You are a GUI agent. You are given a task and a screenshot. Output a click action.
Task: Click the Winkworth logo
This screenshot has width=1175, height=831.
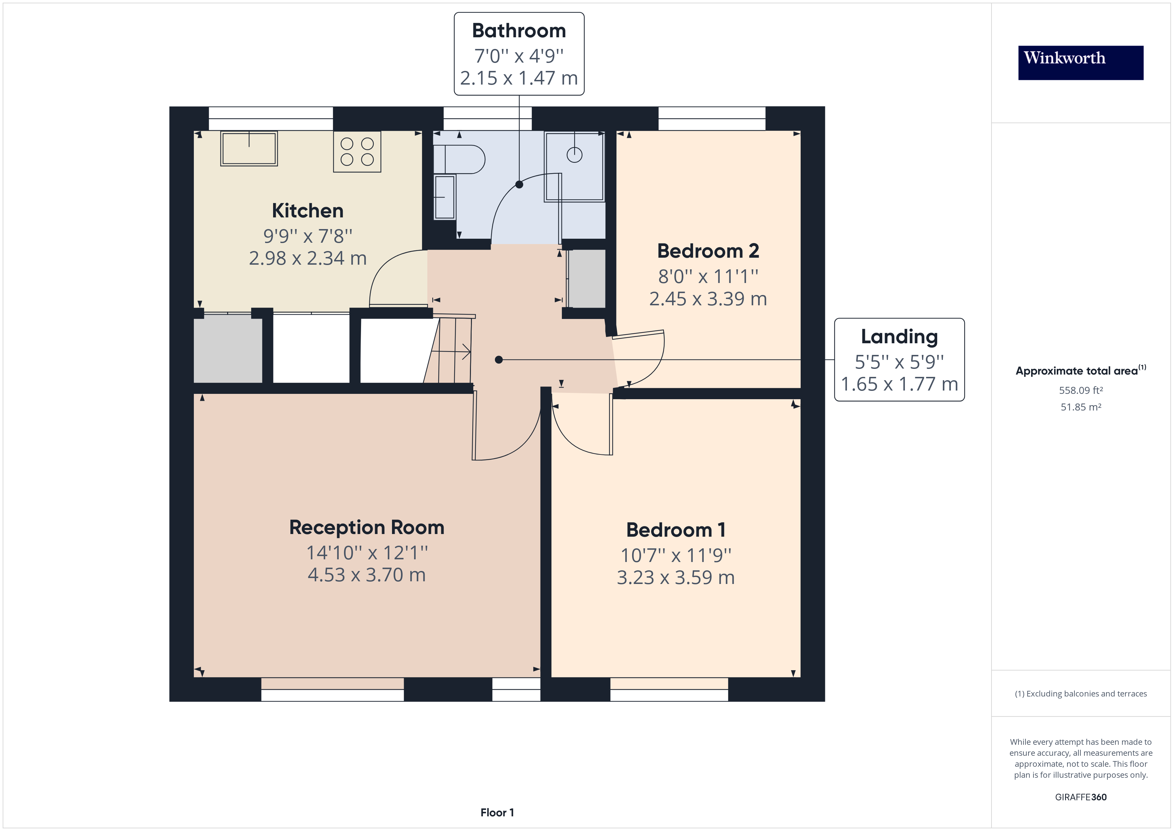click(1080, 63)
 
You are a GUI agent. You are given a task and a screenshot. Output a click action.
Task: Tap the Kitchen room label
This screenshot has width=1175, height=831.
click(307, 210)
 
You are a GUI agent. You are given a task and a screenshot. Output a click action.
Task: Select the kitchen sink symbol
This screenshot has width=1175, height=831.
click(249, 148)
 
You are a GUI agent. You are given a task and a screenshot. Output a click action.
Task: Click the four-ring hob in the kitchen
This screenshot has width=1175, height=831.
click(357, 151)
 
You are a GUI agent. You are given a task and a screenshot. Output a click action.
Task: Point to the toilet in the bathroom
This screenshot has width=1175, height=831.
click(459, 159)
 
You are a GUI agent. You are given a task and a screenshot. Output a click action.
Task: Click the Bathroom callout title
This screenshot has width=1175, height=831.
click(519, 31)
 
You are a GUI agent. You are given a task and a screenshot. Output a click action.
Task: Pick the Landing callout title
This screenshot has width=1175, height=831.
click(899, 337)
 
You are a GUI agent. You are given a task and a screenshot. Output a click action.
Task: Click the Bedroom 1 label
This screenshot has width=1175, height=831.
click(675, 530)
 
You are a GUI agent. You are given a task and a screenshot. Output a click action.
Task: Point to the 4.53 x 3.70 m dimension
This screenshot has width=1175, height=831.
click(366, 575)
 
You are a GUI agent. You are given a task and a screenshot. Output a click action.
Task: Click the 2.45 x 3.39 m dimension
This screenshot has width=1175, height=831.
click(708, 299)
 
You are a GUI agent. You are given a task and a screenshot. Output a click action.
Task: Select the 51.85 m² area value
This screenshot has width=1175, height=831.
click(1081, 407)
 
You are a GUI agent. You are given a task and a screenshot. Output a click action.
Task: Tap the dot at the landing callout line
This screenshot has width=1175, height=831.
click(499, 360)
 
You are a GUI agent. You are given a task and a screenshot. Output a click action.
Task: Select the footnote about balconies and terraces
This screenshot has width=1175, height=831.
click(1081, 693)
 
